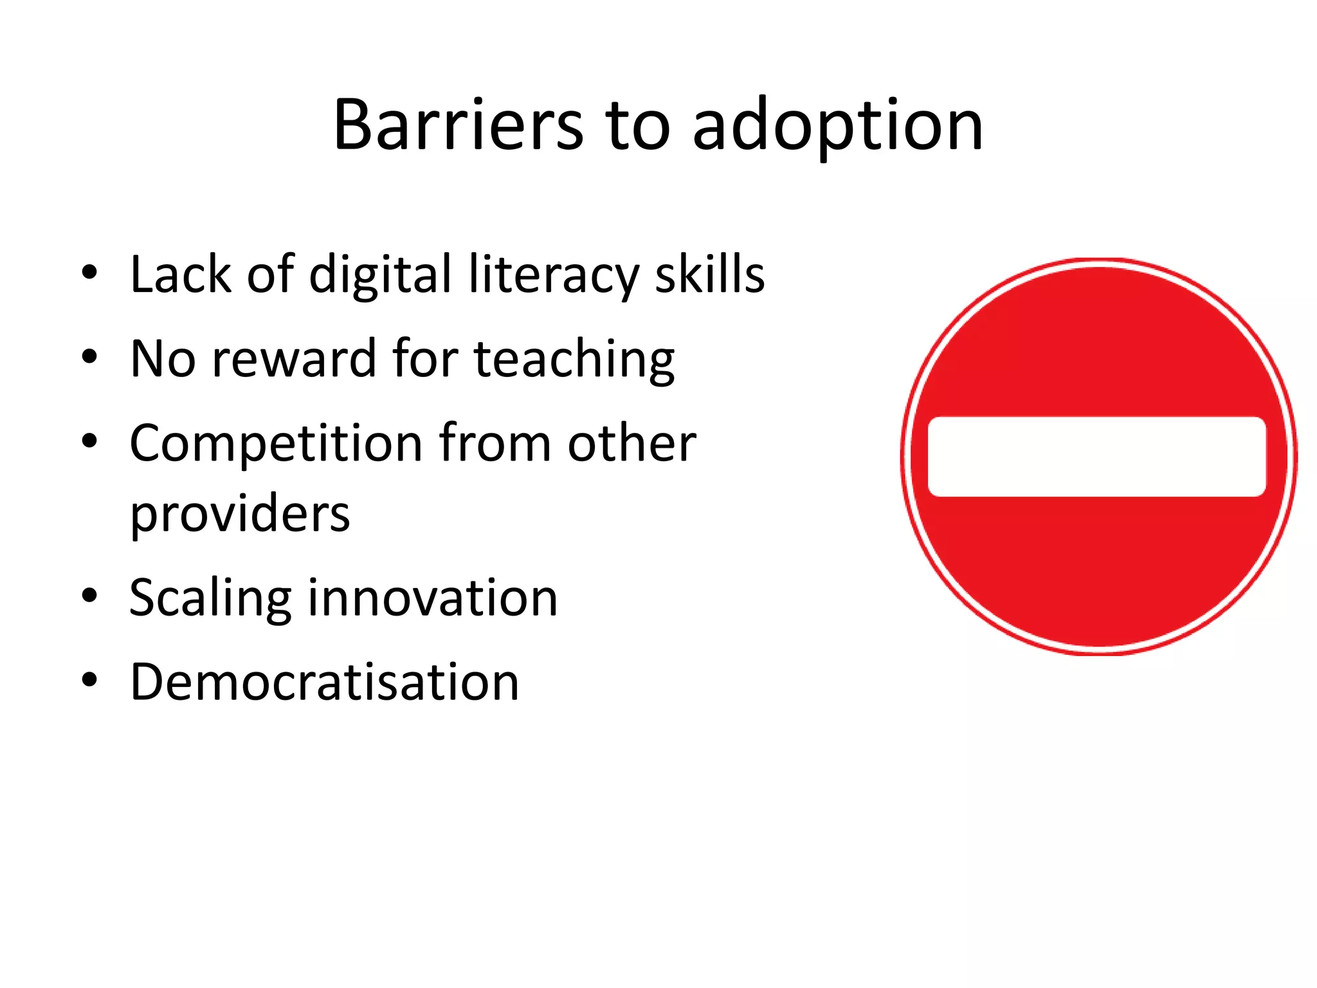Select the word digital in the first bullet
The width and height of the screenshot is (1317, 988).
pos(380,275)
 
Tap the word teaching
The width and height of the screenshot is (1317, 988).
pos(574,360)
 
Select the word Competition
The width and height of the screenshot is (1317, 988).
pos(276,444)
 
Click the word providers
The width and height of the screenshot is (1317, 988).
pos(240,514)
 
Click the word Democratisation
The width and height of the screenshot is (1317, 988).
pos(324,681)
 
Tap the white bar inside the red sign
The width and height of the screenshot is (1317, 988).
pos(1096,457)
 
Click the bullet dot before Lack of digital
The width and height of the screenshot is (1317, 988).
pos(89,273)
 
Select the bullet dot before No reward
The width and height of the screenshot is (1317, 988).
pos(89,356)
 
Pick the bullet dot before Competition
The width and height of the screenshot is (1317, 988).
pos(89,441)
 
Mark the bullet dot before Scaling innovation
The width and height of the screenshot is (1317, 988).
pos(89,596)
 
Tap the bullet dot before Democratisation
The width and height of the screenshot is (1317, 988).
pos(89,679)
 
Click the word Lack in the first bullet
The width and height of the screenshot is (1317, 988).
pos(180,275)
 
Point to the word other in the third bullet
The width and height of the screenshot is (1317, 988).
pos(631,443)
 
